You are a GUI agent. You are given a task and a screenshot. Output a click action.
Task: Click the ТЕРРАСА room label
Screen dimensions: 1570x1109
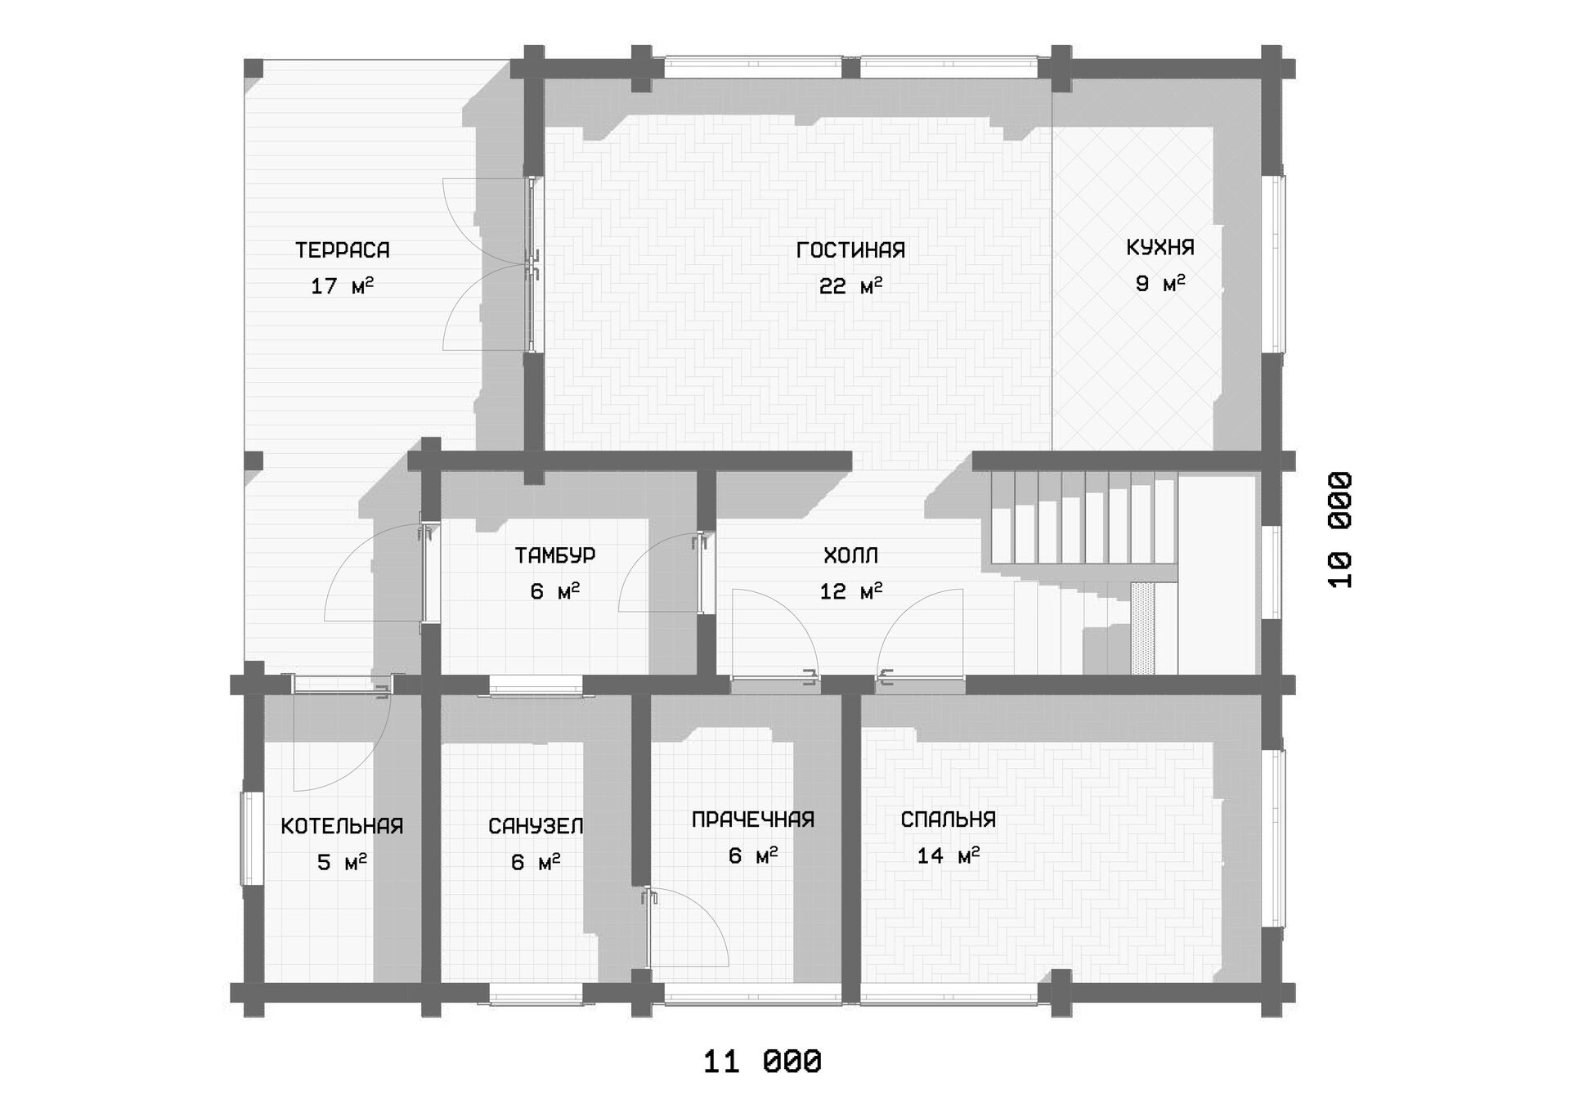(x=342, y=250)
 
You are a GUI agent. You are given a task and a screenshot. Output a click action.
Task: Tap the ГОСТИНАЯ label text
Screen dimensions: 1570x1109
(x=850, y=250)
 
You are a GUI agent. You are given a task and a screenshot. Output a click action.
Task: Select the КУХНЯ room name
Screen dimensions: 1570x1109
(x=1160, y=248)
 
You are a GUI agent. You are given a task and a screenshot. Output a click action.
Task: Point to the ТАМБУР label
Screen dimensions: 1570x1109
(x=555, y=555)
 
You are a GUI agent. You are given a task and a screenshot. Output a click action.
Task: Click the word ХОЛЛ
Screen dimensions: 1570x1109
(x=850, y=556)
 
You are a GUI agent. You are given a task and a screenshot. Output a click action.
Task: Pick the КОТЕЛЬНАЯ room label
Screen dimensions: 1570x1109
(x=342, y=826)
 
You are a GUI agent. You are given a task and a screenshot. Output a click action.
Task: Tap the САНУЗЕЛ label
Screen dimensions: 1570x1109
(x=536, y=826)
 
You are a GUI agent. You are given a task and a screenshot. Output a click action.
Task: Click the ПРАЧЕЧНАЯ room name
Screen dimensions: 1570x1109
(x=753, y=819)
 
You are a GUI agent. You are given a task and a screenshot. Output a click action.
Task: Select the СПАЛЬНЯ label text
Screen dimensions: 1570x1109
(x=949, y=819)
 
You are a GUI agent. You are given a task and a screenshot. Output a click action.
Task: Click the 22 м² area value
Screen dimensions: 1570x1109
(x=850, y=286)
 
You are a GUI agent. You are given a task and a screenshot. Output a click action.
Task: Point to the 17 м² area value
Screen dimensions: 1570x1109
(x=342, y=286)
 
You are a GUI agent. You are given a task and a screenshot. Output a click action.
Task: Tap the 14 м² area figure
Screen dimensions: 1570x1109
(x=949, y=855)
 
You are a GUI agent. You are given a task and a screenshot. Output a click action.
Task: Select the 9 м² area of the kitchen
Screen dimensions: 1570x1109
(x=1160, y=284)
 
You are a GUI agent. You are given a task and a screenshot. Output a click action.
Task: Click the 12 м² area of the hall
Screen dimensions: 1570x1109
(x=850, y=591)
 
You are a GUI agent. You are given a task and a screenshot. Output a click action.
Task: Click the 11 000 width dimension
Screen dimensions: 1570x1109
(x=762, y=1062)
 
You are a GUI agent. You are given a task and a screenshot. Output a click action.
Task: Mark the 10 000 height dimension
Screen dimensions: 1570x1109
(x=1340, y=530)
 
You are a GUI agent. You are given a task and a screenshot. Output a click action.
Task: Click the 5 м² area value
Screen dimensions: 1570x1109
(x=342, y=862)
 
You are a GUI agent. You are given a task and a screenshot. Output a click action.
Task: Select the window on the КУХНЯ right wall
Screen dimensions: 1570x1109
(x=1276, y=263)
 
